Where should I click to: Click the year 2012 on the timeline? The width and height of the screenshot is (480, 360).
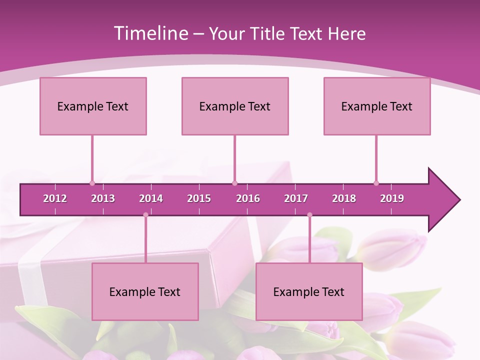[55, 198]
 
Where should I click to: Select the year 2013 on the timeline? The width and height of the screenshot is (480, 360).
[103, 198]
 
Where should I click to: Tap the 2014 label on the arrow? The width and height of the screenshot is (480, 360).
[151, 198]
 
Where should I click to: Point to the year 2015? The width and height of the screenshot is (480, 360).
[199, 198]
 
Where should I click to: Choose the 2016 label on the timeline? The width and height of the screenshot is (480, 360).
[248, 198]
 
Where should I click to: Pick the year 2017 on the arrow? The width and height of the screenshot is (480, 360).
[296, 198]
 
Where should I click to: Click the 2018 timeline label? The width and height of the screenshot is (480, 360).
[344, 198]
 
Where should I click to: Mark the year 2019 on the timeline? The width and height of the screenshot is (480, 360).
[392, 198]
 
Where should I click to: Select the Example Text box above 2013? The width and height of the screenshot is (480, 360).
[93, 106]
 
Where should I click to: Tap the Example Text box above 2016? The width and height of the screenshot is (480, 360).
[235, 106]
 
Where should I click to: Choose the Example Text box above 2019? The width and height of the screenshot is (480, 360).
[377, 106]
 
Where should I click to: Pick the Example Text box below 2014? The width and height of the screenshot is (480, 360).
[145, 291]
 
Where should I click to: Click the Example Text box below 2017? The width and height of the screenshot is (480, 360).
[309, 291]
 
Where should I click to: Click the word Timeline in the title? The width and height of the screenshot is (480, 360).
[150, 33]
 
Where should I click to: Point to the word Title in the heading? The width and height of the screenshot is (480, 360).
[269, 33]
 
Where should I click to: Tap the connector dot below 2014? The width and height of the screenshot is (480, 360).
[145, 215]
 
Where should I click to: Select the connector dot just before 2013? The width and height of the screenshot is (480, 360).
[92, 183]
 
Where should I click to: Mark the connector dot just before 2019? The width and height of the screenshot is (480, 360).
[376, 183]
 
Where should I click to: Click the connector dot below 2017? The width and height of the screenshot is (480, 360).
[309, 215]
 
